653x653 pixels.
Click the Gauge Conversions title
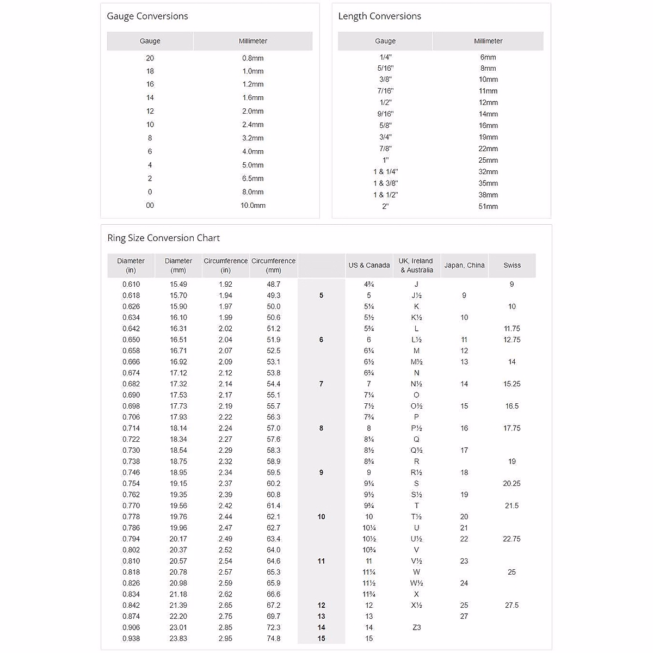[147, 16]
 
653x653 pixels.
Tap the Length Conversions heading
[379, 16]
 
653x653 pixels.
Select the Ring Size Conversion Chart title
[163, 238]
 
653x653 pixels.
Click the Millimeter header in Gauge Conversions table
[253, 41]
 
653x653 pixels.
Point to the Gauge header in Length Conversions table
[385, 41]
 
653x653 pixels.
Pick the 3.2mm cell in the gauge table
[253, 138]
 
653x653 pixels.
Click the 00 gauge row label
[150, 206]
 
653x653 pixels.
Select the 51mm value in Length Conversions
[488, 206]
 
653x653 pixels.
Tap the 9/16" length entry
[385, 114]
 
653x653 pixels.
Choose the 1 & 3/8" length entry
[385, 183]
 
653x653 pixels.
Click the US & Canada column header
[369, 266]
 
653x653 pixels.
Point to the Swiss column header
[512, 266]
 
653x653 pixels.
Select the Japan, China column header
[464, 266]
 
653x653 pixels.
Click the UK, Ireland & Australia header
[416, 266]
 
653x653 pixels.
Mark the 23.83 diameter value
[178, 639]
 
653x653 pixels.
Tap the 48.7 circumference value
[274, 285]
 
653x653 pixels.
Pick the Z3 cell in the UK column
[416, 627]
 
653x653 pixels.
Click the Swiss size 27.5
[512, 605]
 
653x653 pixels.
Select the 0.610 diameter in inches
[131, 285]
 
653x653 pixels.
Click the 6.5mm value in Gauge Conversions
[253, 178]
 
